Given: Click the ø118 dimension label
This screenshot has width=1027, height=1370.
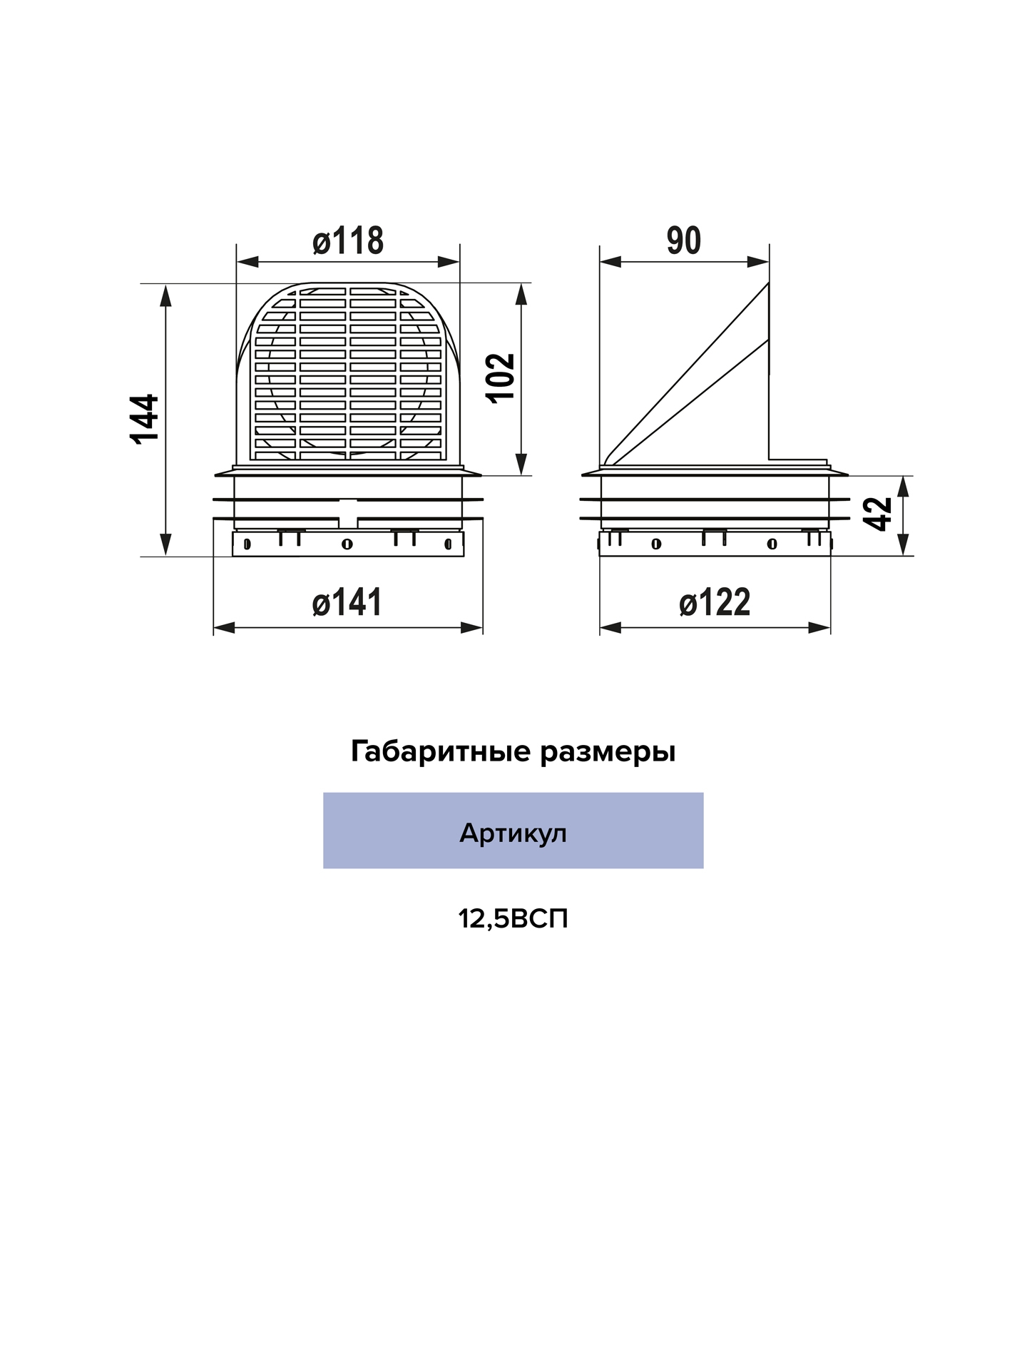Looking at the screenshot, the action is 348,240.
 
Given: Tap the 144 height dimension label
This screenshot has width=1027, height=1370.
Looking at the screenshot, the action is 145,419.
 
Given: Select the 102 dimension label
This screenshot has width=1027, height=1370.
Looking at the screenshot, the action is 501,378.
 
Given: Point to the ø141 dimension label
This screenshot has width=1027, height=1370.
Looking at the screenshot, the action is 347,602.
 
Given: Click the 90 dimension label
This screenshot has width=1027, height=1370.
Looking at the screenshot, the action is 684,240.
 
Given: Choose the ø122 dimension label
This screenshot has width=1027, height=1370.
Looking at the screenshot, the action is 715,602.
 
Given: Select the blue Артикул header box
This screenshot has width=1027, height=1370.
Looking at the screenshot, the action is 513,830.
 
